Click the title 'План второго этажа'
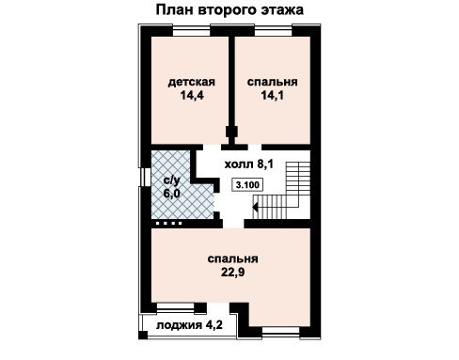pos(229,10)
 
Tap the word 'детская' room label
pos(192,82)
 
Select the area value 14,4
pos(192,95)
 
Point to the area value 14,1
pos(273,95)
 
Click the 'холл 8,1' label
pos(249,164)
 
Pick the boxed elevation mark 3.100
pos(247,185)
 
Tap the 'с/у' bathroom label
pos(172,180)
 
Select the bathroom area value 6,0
pos(172,194)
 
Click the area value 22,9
pos(232,273)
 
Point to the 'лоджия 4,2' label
pos(189,325)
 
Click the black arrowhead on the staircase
pos(255,208)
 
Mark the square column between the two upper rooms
pos(231,132)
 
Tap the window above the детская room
pos(191,32)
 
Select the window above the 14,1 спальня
pos(274,32)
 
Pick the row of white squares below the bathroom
pos(168,224)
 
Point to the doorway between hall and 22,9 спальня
pos(233,224)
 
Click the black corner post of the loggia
pos(143,335)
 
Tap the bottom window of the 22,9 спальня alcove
pos(280,332)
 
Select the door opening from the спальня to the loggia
pos(218,307)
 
